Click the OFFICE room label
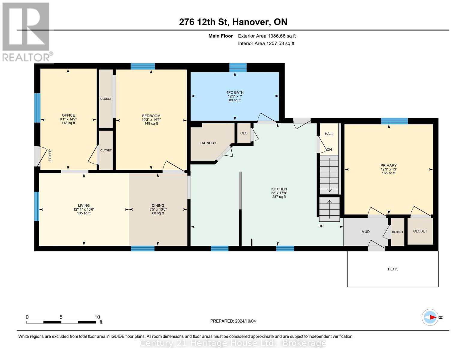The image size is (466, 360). coord(68,115)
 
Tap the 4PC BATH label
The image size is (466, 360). coord(235,93)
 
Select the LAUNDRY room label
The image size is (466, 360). coord(208,143)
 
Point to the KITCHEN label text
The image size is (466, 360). coord(279,189)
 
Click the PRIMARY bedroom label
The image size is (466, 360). coord(388,166)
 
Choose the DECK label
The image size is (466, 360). coord(392,269)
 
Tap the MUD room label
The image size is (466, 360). coord(365,232)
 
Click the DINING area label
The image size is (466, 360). coord(158,206)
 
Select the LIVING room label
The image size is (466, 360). coord(84,206)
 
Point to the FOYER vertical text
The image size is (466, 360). coord(50,155)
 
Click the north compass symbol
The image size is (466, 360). coord(430,317)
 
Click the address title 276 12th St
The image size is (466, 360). coord(233,22)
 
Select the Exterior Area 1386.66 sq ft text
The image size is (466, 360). coord(267,36)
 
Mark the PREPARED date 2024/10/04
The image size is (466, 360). coord(233,321)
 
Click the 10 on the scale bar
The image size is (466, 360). coord(97,317)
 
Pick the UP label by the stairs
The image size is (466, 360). coord(321,226)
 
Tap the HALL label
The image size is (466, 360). coord(329,134)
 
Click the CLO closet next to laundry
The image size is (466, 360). coord(244,133)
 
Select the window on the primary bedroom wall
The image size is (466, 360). coord(394,121)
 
